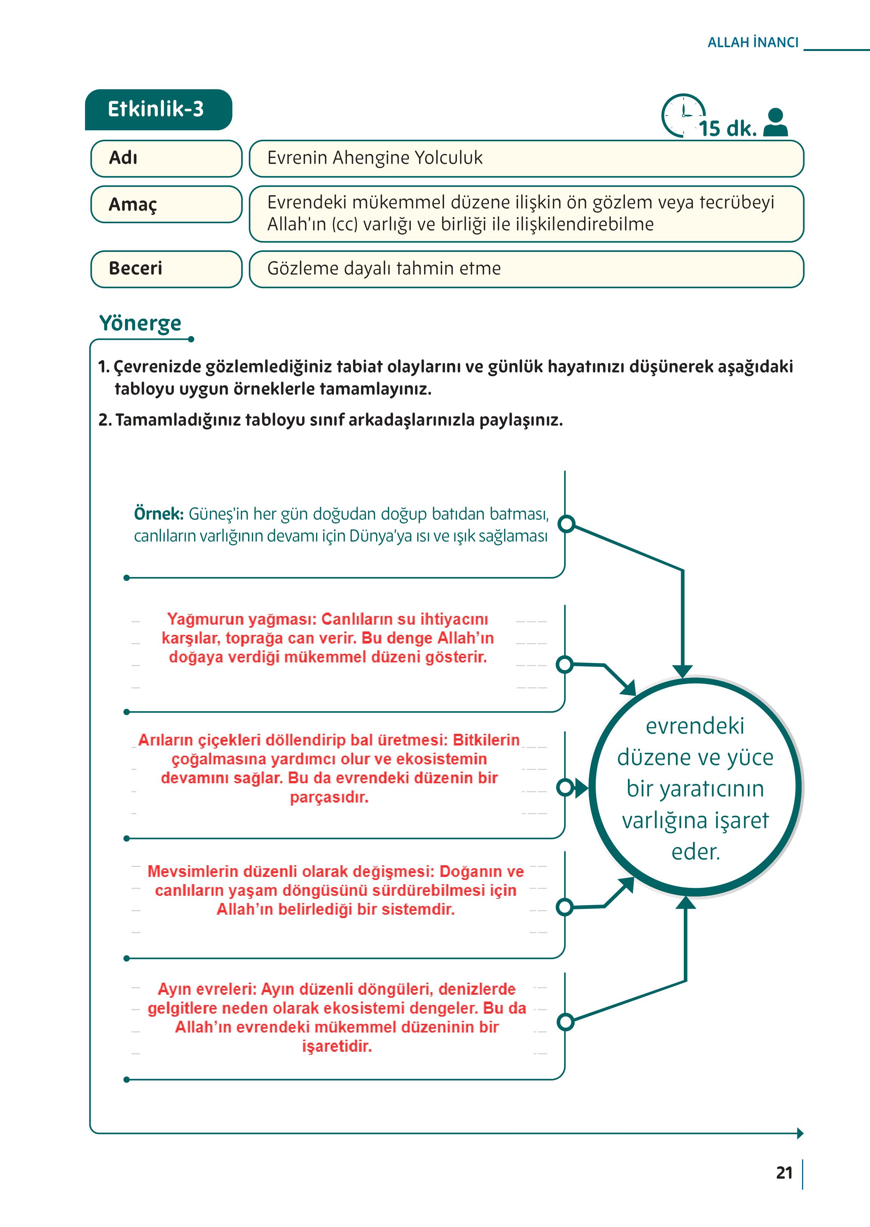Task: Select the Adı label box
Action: tap(166, 158)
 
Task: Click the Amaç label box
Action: tap(166, 204)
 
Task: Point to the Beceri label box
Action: tap(166, 269)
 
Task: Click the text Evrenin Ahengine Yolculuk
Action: tap(375, 158)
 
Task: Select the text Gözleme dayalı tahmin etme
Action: tap(384, 269)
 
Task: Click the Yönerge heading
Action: tap(140, 323)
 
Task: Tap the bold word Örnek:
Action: tap(159, 514)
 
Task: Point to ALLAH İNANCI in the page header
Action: tap(753, 43)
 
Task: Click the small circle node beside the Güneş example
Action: tap(566, 523)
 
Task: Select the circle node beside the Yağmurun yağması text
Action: tap(565, 665)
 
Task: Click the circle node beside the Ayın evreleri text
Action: tap(565, 1022)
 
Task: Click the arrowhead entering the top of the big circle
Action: tap(682, 671)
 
